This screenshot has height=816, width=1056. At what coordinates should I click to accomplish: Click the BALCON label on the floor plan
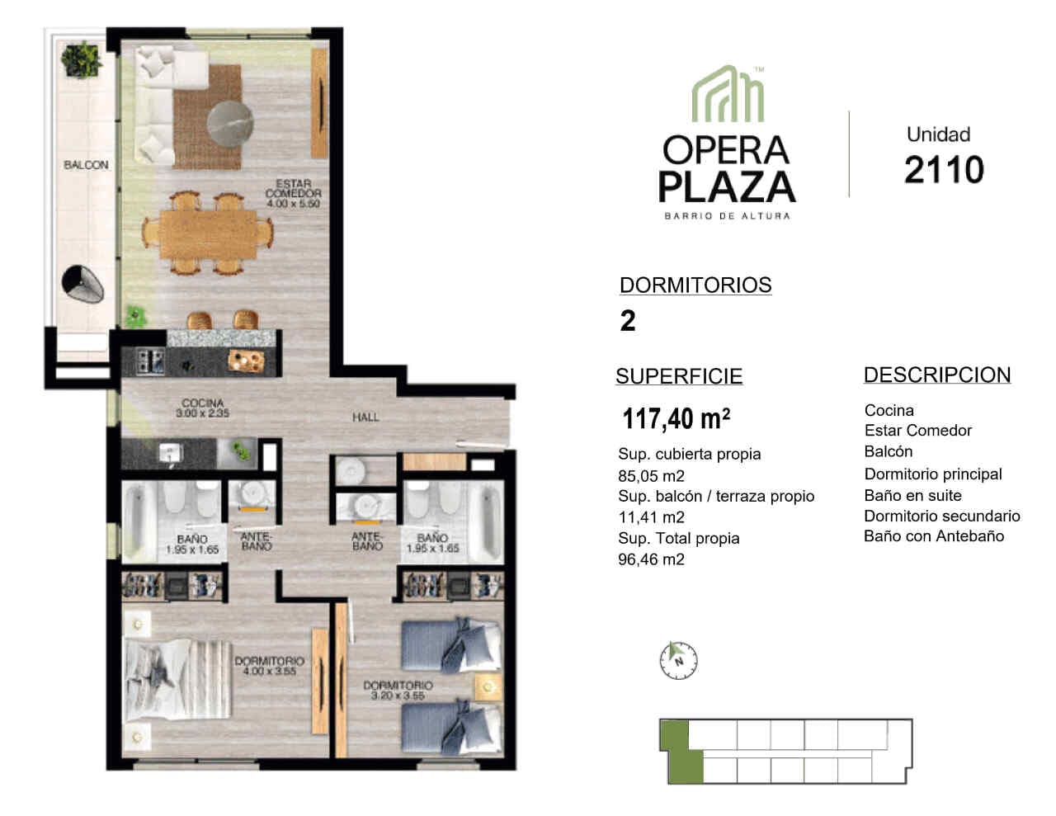pyautogui.click(x=86, y=165)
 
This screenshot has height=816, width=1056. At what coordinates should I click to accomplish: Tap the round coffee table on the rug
pyautogui.click(x=230, y=123)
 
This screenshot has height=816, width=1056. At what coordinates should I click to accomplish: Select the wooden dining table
pyautogui.click(x=208, y=234)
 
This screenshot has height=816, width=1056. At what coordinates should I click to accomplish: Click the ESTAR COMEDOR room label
pyautogui.click(x=293, y=193)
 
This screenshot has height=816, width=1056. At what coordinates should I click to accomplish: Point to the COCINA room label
pyautogui.click(x=203, y=408)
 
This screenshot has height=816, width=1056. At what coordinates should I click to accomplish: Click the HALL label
pyautogui.click(x=365, y=417)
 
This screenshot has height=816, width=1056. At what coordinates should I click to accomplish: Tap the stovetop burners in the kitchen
pyautogui.click(x=150, y=361)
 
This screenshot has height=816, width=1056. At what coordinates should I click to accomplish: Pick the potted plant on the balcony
pyautogui.click(x=82, y=60)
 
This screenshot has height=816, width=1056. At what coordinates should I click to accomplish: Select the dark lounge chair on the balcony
pyautogui.click(x=82, y=285)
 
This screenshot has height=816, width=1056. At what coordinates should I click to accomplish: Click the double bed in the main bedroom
pyautogui.click(x=179, y=679)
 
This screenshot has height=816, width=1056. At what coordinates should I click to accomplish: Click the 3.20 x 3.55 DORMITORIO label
pyautogui.click(x=398, y=690)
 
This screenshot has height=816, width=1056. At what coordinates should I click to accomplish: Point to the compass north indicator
pyautogui.click(x=678, y=660)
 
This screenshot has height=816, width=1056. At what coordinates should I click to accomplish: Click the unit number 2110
pyautogui.click(x=945, y=170)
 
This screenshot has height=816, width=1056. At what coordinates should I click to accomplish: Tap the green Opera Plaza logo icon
pyautogui.click(x=728, y=93)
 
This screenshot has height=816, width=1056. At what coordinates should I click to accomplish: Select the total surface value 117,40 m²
pyautogui.click(x=676, y=418)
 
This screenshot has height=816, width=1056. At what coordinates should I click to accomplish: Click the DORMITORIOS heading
pyautogui.click(x=695, y=285)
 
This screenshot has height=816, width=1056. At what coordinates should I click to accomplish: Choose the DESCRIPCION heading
pyautogui.click(x=937, y=375)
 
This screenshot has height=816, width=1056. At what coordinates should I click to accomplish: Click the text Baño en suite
pyautogui.click(x=912, y=495)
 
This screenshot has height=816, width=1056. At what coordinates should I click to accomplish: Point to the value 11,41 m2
pyautogui.click(x=651, y=517)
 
